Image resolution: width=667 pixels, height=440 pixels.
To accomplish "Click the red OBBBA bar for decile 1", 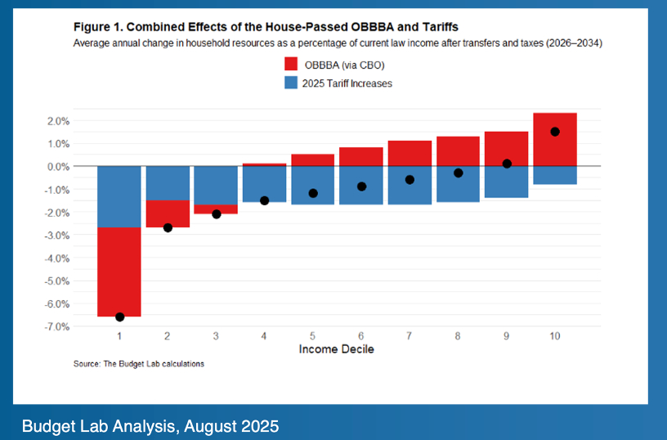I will (x=119, y=270).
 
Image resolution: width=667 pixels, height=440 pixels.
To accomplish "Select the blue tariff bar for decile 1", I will (x=119, y=196).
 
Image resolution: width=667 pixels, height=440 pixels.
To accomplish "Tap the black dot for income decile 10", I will (x=555, y=132).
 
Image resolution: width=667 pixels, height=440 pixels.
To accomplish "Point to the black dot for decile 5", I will (x=313, y=193).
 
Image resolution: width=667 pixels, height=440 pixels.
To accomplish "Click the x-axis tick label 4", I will (x=264, y=336).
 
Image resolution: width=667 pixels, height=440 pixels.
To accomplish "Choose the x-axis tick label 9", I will (x=507, y=336).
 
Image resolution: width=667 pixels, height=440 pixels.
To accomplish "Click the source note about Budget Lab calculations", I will (x=139, y=364).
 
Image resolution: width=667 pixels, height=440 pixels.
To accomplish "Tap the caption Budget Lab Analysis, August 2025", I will (x=150, y=426).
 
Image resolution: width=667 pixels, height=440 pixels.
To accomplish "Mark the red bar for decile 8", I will (x=458, y=151).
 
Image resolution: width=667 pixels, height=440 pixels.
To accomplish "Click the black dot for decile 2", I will (x=168, y=227).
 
